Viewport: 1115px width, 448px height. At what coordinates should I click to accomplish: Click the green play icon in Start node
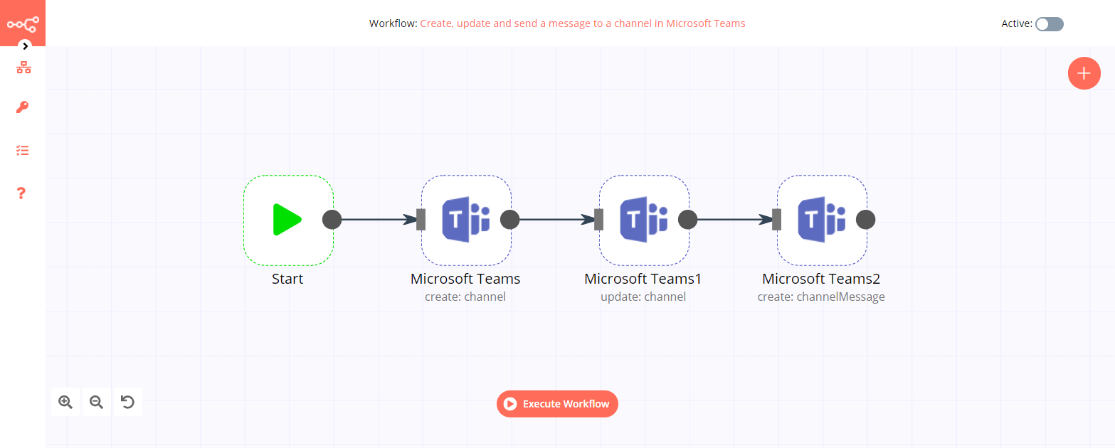point(287,220)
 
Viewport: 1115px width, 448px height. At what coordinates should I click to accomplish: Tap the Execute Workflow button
point(557,404)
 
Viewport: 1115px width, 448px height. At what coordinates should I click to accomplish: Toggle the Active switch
point(1049,24)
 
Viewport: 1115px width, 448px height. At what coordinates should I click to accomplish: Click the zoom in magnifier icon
point(65,402)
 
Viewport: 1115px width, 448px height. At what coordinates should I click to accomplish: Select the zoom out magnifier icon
point(96,402)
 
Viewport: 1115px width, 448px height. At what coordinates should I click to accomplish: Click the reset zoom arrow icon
point(127,402)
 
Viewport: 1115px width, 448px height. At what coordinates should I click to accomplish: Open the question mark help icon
point(21,193)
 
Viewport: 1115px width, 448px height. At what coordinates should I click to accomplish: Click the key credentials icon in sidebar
point(23,108)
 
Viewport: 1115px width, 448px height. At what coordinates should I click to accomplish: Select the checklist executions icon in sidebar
point(23,151)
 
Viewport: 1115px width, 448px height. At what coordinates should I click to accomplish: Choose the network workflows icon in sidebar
point(23,68)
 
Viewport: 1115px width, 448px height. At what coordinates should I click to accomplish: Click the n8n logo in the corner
point(23,23)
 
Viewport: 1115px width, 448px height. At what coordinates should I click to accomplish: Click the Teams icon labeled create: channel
point(466,220)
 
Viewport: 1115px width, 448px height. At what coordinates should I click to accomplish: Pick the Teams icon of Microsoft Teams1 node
point(644,220)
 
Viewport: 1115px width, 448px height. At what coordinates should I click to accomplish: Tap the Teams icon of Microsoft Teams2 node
point(822,220)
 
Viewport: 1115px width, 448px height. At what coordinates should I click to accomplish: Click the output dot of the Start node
point(332,220)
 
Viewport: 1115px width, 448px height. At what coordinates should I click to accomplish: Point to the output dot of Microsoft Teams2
point(865,220)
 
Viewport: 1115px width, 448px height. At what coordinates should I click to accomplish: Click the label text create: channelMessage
point(821,297)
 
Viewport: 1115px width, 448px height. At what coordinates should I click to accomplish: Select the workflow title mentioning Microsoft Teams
point(582,23)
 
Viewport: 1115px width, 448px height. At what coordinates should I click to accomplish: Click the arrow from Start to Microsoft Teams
point(377,220)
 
